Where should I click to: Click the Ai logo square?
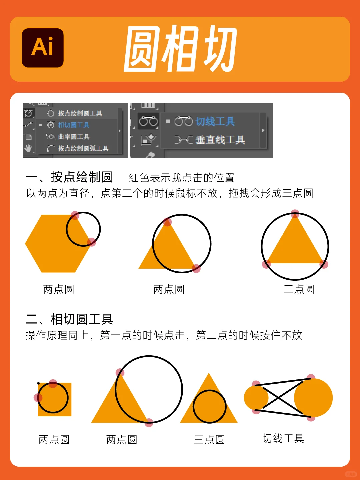(x=43, y=48)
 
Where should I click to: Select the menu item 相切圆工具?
(x=73, y=125)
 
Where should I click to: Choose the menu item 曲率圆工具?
(x=73, y=137)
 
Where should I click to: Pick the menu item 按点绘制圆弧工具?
(x=83, y=148)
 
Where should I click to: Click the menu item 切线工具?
(x=215, y=121)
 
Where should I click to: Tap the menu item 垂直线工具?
(x=220, y=140)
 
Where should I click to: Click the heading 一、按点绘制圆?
(x=69, y=177)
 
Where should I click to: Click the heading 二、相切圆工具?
(x=69, y=319)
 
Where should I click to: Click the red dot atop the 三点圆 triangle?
(x=295, y=214)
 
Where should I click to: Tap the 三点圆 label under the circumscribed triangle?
(x=299, y=289)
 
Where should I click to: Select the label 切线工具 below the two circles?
(x=283, y=438)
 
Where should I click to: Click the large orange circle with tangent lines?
(x=315, y=398)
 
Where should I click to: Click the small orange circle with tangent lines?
(x=255, y=398)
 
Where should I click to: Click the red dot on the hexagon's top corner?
(x=75, y=215)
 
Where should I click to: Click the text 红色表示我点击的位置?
(x=182, y=178)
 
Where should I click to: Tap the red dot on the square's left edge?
(x=38, y=397)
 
